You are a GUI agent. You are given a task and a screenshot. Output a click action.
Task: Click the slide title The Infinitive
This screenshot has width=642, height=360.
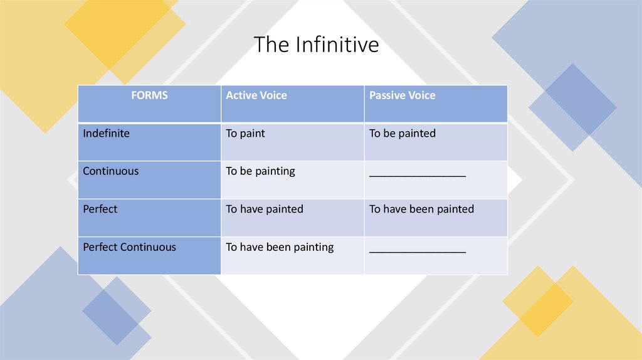(x=316, y=45)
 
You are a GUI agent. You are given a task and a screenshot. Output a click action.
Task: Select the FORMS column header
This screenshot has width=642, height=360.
(x=149, y=96)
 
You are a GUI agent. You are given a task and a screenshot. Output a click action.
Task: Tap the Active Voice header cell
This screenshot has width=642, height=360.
(x=256, y=96)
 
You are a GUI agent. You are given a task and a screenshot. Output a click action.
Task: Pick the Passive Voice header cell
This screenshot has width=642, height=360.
(x=402, y=96)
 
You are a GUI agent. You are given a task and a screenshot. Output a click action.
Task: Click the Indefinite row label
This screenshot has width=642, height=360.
(x=106, y=134)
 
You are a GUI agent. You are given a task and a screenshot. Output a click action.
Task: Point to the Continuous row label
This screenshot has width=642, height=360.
(x=111, y=171)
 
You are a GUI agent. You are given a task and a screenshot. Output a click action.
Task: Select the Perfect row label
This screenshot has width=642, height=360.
(x=100, y=209)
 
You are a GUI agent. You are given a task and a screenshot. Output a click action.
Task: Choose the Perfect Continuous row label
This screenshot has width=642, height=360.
(x=129, y=247)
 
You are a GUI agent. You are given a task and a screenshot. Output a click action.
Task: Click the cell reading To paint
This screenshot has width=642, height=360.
(x=246, y=134)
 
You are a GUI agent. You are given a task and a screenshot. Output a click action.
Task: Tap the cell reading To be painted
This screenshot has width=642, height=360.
(x=403, y=134)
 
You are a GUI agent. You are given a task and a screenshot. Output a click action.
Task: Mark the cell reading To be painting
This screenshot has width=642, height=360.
(x=260, y=171)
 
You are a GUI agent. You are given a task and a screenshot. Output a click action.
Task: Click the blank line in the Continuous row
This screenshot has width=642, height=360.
(x=418, y=175)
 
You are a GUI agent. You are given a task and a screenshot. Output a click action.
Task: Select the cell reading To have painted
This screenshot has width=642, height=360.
(x=265, y=209)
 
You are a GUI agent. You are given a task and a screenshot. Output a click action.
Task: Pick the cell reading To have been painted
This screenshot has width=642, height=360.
(x=421, y=209)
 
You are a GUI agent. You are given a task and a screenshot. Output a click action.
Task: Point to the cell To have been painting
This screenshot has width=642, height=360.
(x=280, y=247)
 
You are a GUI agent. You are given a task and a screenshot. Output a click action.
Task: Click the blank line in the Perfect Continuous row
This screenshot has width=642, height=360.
(x=418, y=251)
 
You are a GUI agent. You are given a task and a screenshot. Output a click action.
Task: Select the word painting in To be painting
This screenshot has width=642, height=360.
(x=273, y=171)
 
